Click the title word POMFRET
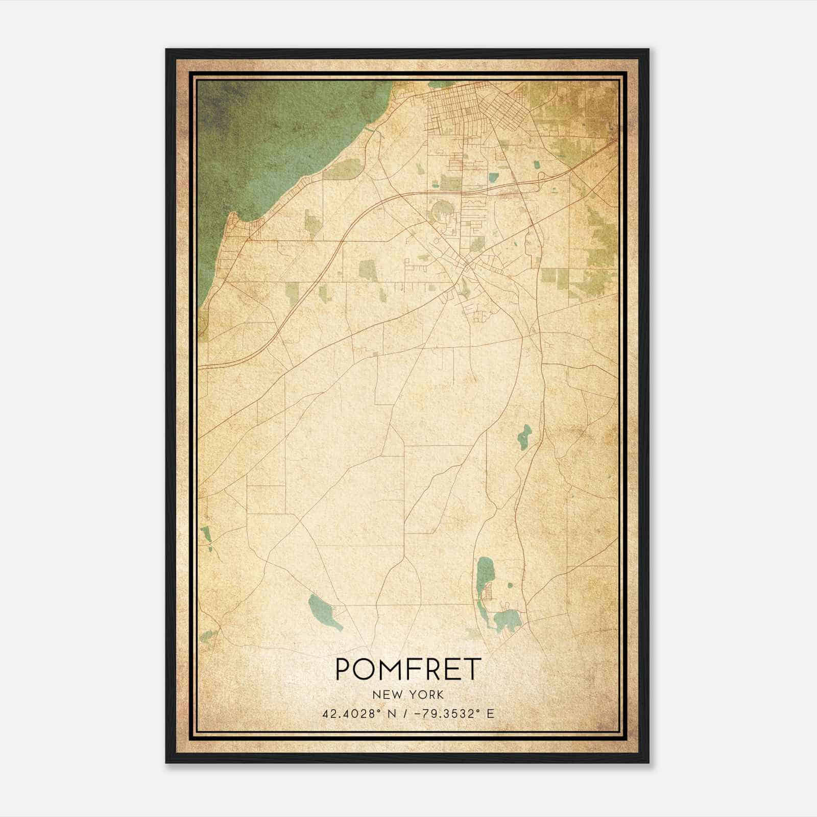408,669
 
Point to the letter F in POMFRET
423,669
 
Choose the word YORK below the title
427,694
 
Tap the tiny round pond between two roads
509,585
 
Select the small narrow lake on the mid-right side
524,437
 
